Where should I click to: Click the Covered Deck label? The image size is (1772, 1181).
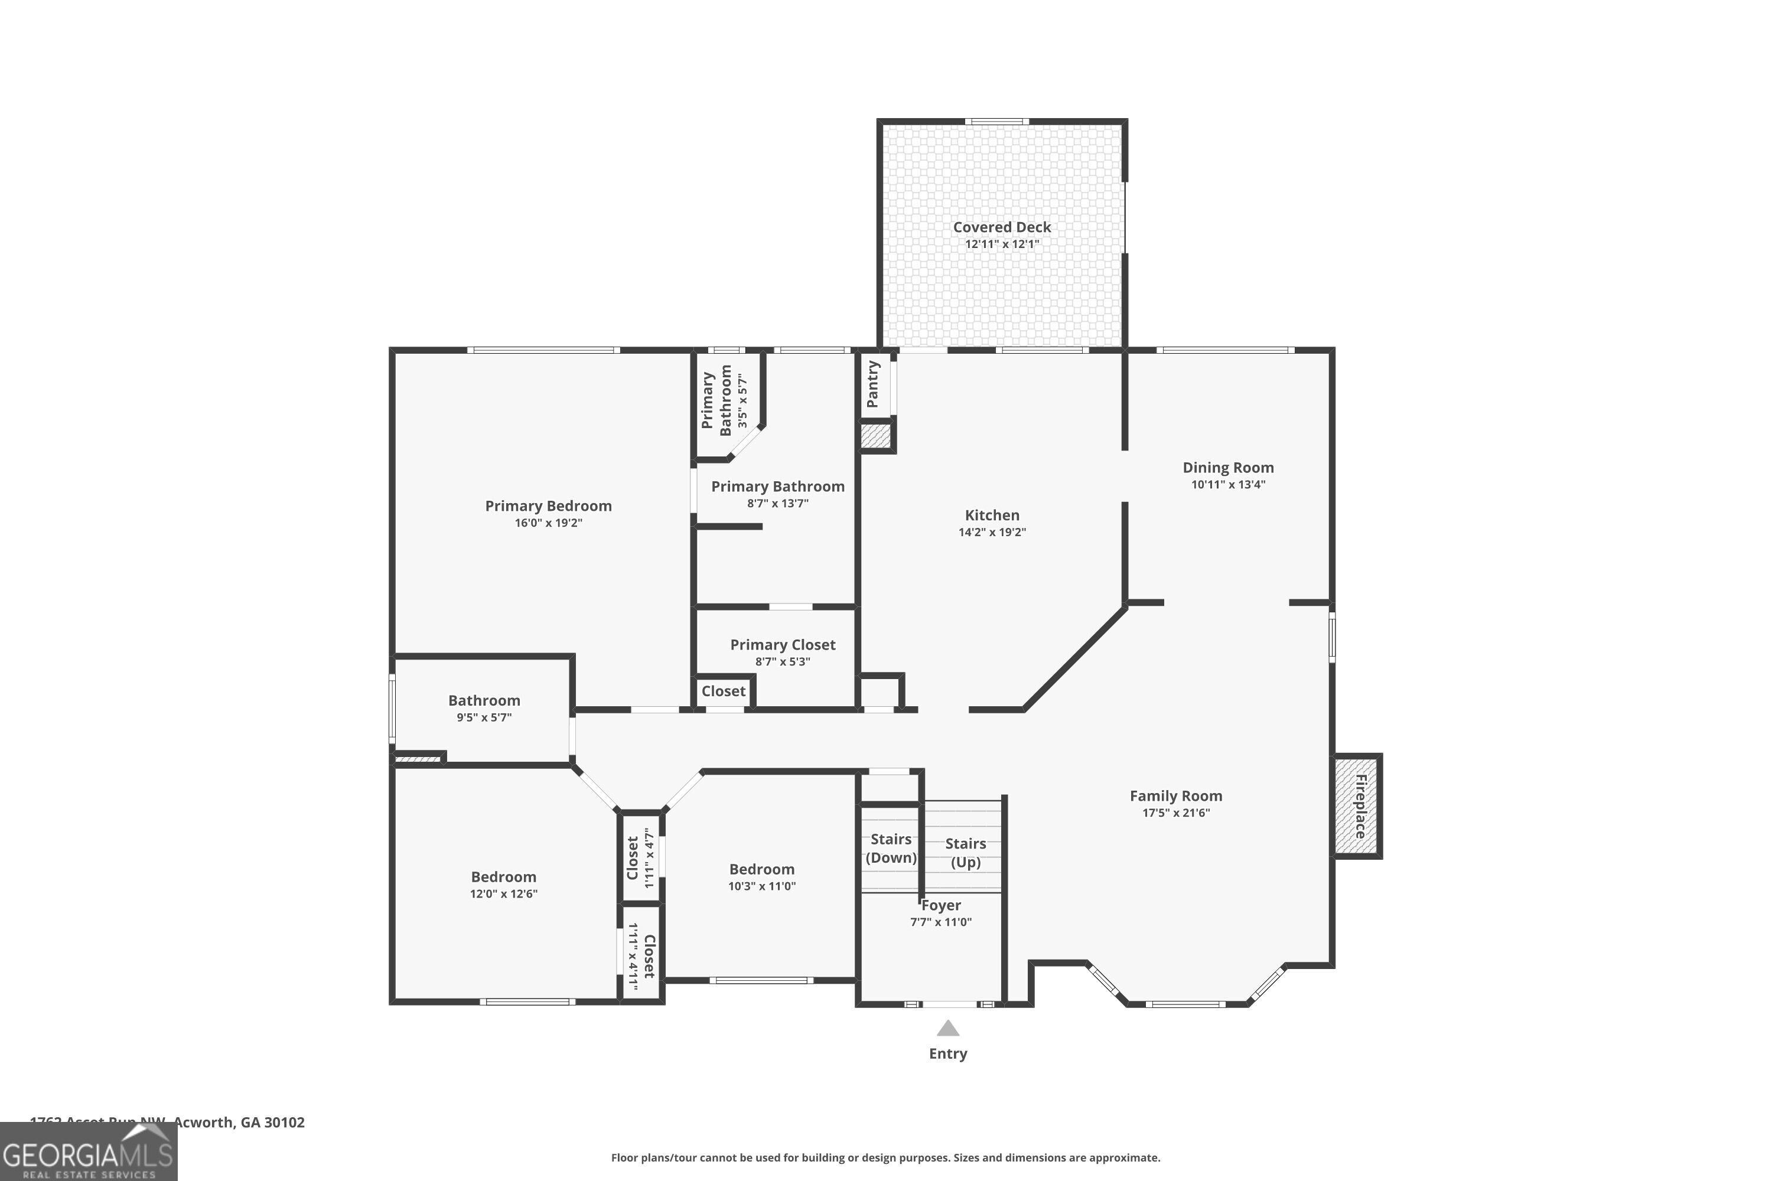1001,227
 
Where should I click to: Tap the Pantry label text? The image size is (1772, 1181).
873,384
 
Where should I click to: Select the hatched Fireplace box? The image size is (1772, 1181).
1356,806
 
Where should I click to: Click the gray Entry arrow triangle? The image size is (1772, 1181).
948,1028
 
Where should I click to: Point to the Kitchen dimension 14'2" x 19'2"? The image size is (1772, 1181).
992,533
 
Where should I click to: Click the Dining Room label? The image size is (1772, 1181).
1227,468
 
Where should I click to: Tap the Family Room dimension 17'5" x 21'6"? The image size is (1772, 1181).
1175,813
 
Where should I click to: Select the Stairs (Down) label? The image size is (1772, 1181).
891,848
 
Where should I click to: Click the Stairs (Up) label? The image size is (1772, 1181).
965,853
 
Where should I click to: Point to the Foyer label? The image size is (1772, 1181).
940,905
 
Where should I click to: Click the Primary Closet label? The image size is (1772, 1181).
782,645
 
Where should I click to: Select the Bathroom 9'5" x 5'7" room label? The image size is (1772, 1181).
484,700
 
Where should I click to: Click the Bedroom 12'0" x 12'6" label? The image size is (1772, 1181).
503,877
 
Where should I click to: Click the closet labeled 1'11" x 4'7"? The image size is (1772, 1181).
640,858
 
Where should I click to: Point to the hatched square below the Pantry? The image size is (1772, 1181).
875,437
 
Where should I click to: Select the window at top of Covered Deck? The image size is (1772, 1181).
997,121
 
